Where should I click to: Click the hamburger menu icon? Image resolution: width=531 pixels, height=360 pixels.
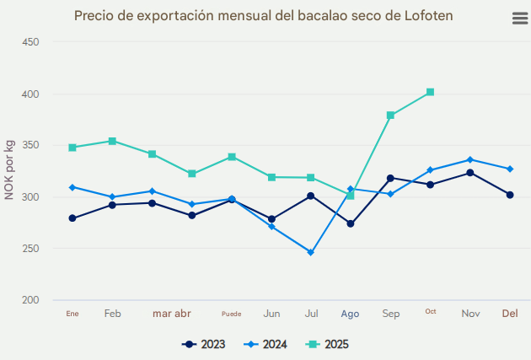pyautogui.click(x=519, y=19)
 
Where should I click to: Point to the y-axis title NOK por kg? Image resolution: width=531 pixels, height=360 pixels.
pyautogui.click(x=9, y=171)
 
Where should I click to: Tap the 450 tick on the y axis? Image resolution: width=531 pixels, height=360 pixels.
pyautogui.click(x=30, y=42)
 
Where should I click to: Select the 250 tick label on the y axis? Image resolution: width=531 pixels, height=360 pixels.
pyautogui.click(x=30, y=249)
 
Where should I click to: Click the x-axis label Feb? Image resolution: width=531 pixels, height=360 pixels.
pyautogui.click(x=112, y=314)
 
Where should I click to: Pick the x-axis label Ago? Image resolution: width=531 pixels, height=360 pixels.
pyautogui.click(x=350, y=314)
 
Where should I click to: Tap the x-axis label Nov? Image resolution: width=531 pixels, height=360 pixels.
pyautogui.click(x=470, y=314)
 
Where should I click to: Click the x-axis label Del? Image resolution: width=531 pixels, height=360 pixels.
pyautogui.click(x=510, y=314)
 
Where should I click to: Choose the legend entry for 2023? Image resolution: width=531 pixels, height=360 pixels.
pyautogui.click(x=204, y=344)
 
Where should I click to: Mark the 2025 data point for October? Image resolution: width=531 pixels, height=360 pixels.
pyautogui.click(x=430, y=92)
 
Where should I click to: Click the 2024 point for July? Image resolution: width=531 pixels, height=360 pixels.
pyautogui.click(x=311, y=252)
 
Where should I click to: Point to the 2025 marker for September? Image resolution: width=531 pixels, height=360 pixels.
pyautogui.click(x=390, y=116)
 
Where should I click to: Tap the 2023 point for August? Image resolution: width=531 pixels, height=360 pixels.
pyautogui.click(x=351, y=223)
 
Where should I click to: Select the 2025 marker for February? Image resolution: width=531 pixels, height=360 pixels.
pyautogui.click(x=112, y=141)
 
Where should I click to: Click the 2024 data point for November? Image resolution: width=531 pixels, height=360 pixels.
pyautogui.click(x=470, y=159)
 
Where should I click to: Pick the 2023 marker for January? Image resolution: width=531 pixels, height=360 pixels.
pyautogui.click(x=72, y=218)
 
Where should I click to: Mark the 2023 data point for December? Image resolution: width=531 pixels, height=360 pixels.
pyautogui.click(x=510, y=195)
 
